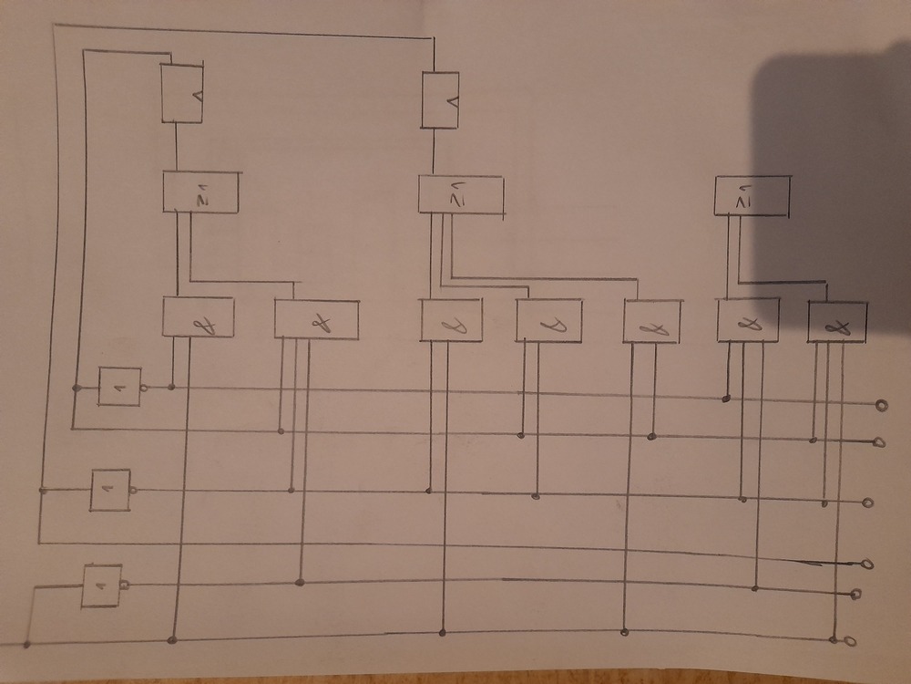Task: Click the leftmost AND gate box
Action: [x=198, y=317]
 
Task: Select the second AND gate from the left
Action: [x=316, y=320]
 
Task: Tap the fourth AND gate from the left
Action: [x=548, y=319]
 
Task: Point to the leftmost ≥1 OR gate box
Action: [x=200, y=191]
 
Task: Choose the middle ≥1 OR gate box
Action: [x=460, y=193]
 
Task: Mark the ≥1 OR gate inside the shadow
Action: [x=752, y=193]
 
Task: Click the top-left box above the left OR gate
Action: [x=182, y=92]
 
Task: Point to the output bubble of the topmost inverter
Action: [x=146, y=388]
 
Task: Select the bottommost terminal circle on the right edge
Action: [x=849, y=641]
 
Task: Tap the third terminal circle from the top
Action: [x=868, y=503]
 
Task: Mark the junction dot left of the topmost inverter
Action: [x=77, y=389]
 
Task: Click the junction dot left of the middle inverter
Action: [x=42, y=491]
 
